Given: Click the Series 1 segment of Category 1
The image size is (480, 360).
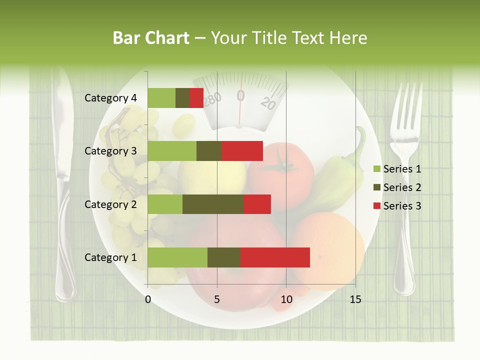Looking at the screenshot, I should tap(177, 257).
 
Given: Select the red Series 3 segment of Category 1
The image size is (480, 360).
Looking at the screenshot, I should tap(275, 257).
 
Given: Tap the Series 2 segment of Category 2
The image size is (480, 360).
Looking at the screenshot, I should tap(213, 204).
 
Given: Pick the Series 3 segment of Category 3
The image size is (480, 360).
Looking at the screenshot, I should tap(242, 151).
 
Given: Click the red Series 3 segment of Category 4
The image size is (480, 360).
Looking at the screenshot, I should tap(196, 98).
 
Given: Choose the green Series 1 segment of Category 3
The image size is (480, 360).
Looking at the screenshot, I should tap(172, 151).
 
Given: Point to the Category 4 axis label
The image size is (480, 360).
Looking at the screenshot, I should tap(110, 98).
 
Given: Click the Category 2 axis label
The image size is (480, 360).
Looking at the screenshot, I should tap(110, 204).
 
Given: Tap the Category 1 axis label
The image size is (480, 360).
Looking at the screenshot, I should tap(110, 257).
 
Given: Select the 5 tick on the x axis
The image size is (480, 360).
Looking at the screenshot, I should tap(217, 299).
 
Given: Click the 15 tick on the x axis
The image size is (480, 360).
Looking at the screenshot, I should tap(355, 299).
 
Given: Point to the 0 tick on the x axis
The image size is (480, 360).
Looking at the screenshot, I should tap(148, 299).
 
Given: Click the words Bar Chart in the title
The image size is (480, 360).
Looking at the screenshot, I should tap(151, 38).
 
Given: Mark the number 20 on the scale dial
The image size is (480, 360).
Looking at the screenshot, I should tap(268, 103).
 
